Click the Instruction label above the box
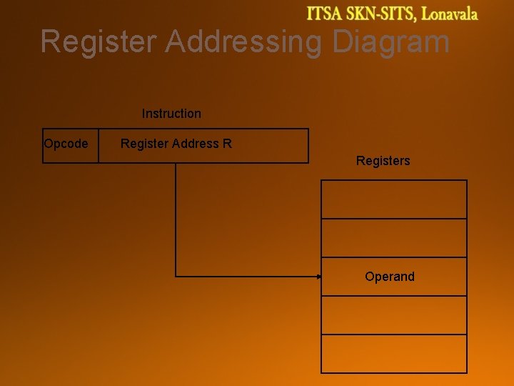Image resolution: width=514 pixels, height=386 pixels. [x=171, y=114]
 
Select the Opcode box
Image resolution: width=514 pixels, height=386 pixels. [x=70, y=146]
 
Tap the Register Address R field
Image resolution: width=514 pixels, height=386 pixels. [x=203, y=146]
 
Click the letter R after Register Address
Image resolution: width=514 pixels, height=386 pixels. [x=227, y=144]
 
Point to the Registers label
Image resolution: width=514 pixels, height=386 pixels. [x=383, y=161]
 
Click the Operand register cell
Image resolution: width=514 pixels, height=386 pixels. [x=394, y=277]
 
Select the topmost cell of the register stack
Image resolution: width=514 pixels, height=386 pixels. [x=394, y=199]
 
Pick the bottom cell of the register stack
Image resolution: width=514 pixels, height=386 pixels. [x=394, y=354]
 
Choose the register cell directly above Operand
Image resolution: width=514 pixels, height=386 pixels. [x=394, y=238]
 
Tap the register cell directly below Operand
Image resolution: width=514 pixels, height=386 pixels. [x=394, y=315]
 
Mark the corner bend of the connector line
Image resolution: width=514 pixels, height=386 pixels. [x=176, y=276]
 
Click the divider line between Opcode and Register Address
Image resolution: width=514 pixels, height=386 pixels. [x=99, y=146]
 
